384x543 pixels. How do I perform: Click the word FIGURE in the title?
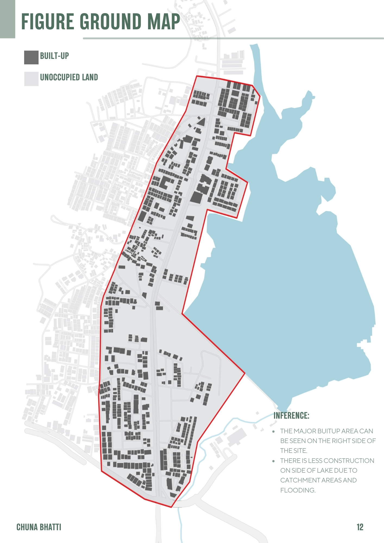pos(48,21)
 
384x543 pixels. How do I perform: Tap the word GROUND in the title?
pos(111,21)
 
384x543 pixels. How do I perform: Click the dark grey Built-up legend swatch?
pos(31,57)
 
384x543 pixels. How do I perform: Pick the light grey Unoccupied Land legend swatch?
pos(31,79)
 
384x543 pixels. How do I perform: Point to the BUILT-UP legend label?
pos(54,56)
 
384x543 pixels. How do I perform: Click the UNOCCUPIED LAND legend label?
pos(69,77)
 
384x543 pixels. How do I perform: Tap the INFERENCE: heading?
pos(291,415)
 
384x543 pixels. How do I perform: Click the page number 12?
pos(360,527)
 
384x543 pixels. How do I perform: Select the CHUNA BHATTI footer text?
pos(39,527)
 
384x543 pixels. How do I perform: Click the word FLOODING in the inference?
pos(298,490)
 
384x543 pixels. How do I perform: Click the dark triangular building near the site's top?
pos(202,122)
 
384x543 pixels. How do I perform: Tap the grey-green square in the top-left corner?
pos(7,19)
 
